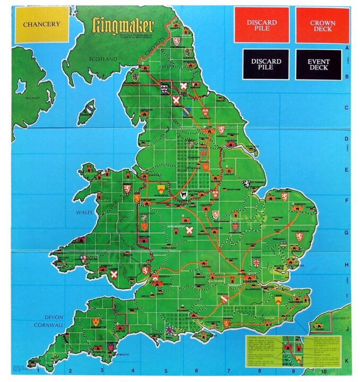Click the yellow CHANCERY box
click(41, 24)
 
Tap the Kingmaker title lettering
click(123, 25)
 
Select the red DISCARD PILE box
click(261, 25)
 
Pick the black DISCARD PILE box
click(265, 64)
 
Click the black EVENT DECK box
click(318, 64)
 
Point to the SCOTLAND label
click(102, 59)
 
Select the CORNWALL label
click(51, 324)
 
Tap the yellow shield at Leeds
click(278, 300)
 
